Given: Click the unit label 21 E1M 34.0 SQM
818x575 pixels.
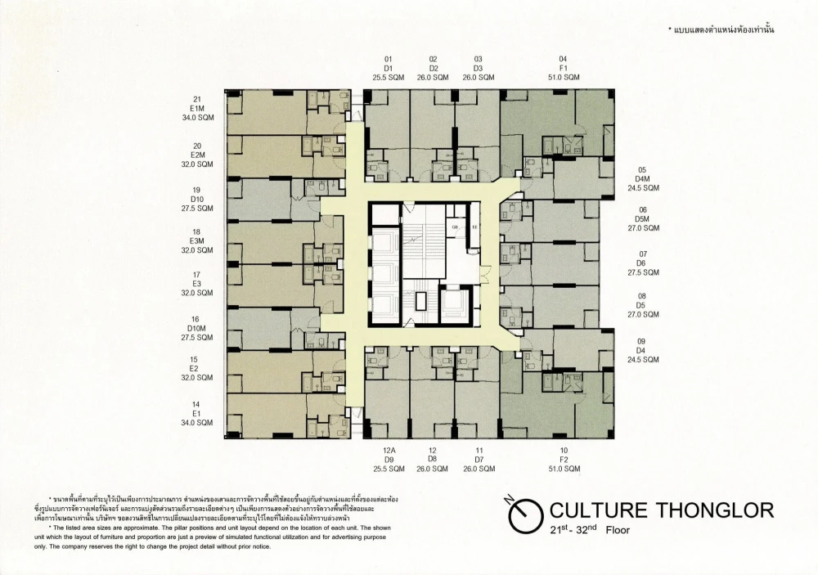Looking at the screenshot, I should point(196,108).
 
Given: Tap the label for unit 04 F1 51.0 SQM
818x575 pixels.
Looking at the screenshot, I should point(563,68).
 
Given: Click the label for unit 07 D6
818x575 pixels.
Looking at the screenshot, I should point(643,263).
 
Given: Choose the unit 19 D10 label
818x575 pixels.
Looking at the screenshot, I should point(196,199).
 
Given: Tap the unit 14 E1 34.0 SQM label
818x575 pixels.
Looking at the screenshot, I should point(196,414).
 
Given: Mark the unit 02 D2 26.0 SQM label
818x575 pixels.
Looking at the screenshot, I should point(433,68).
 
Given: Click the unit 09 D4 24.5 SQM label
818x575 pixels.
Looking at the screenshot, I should point(643,350).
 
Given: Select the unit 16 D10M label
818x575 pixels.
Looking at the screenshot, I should point(196,328).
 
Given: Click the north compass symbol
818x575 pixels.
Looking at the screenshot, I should point(524,514).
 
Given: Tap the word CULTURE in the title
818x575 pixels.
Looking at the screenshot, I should point(592,511).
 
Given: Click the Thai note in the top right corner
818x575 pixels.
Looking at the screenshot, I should point(721,29).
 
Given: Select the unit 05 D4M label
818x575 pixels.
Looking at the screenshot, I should point(643,177).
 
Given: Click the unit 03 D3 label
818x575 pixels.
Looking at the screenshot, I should point(478,68).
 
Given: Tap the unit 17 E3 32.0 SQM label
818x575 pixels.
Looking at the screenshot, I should point(196,283).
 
